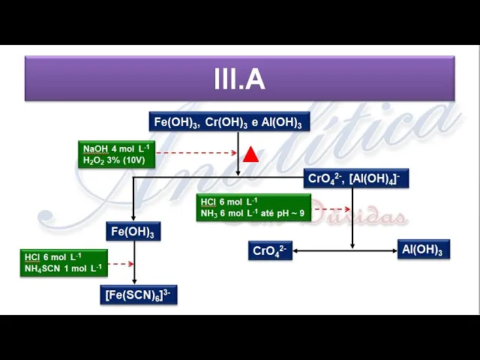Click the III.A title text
pyautogui.click(x=239, y=79)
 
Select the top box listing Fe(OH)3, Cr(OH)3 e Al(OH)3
pyautogui.click(x=228, y=122)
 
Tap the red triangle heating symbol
pyautogui.click(x=250, y=154)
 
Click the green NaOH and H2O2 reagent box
pyautogui.click(x=116, y=154)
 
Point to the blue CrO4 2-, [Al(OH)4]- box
pyautogui.click(x=355, y=178)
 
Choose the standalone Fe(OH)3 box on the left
pyautogui.click(x=133, y=232)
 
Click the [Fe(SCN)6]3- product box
pyautogui.click(x=139, y=295)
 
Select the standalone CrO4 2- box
pyautogui.click(x=270, y=250)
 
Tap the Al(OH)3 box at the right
pyautogui.click(x=423, y=250)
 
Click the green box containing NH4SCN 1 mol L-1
pyautogui.click(x=64, y=262)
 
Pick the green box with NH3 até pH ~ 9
pyautogui.click(x=253, y=207)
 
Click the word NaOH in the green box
pyautogui.click(x=95, y=148)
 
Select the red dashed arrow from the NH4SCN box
pyautogui.click(x=121, y=264)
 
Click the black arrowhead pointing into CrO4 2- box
pyautogui.click(x=295, y=250)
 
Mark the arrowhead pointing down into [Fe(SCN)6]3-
pyautogui.click(x=133, y=281)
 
